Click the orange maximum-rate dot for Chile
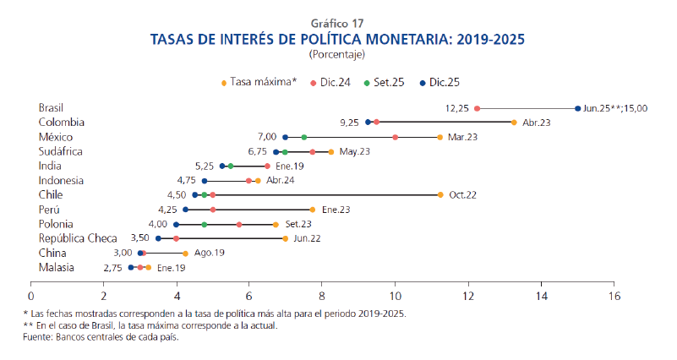click(x=440, y=194)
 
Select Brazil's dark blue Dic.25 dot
click(x=577, y=108)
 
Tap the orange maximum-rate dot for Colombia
click(x=514, y=123)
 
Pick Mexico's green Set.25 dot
click(x=303, y=137)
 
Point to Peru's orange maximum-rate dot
click(x=313, y=209)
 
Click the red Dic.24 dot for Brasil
click(x=478, y=108)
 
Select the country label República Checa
click(x=73, y=238)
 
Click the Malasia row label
click(x=57, y=267)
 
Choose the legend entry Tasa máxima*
click(x=264, y=82)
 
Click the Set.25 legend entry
click(x=385, y=82)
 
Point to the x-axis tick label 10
click(x=395, y=296)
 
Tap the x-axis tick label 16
click(x=614, y=296)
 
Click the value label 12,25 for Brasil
click(x=456, y=108)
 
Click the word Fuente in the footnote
click(x=38, y=337)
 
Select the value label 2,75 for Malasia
click(x=113, y=267)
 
